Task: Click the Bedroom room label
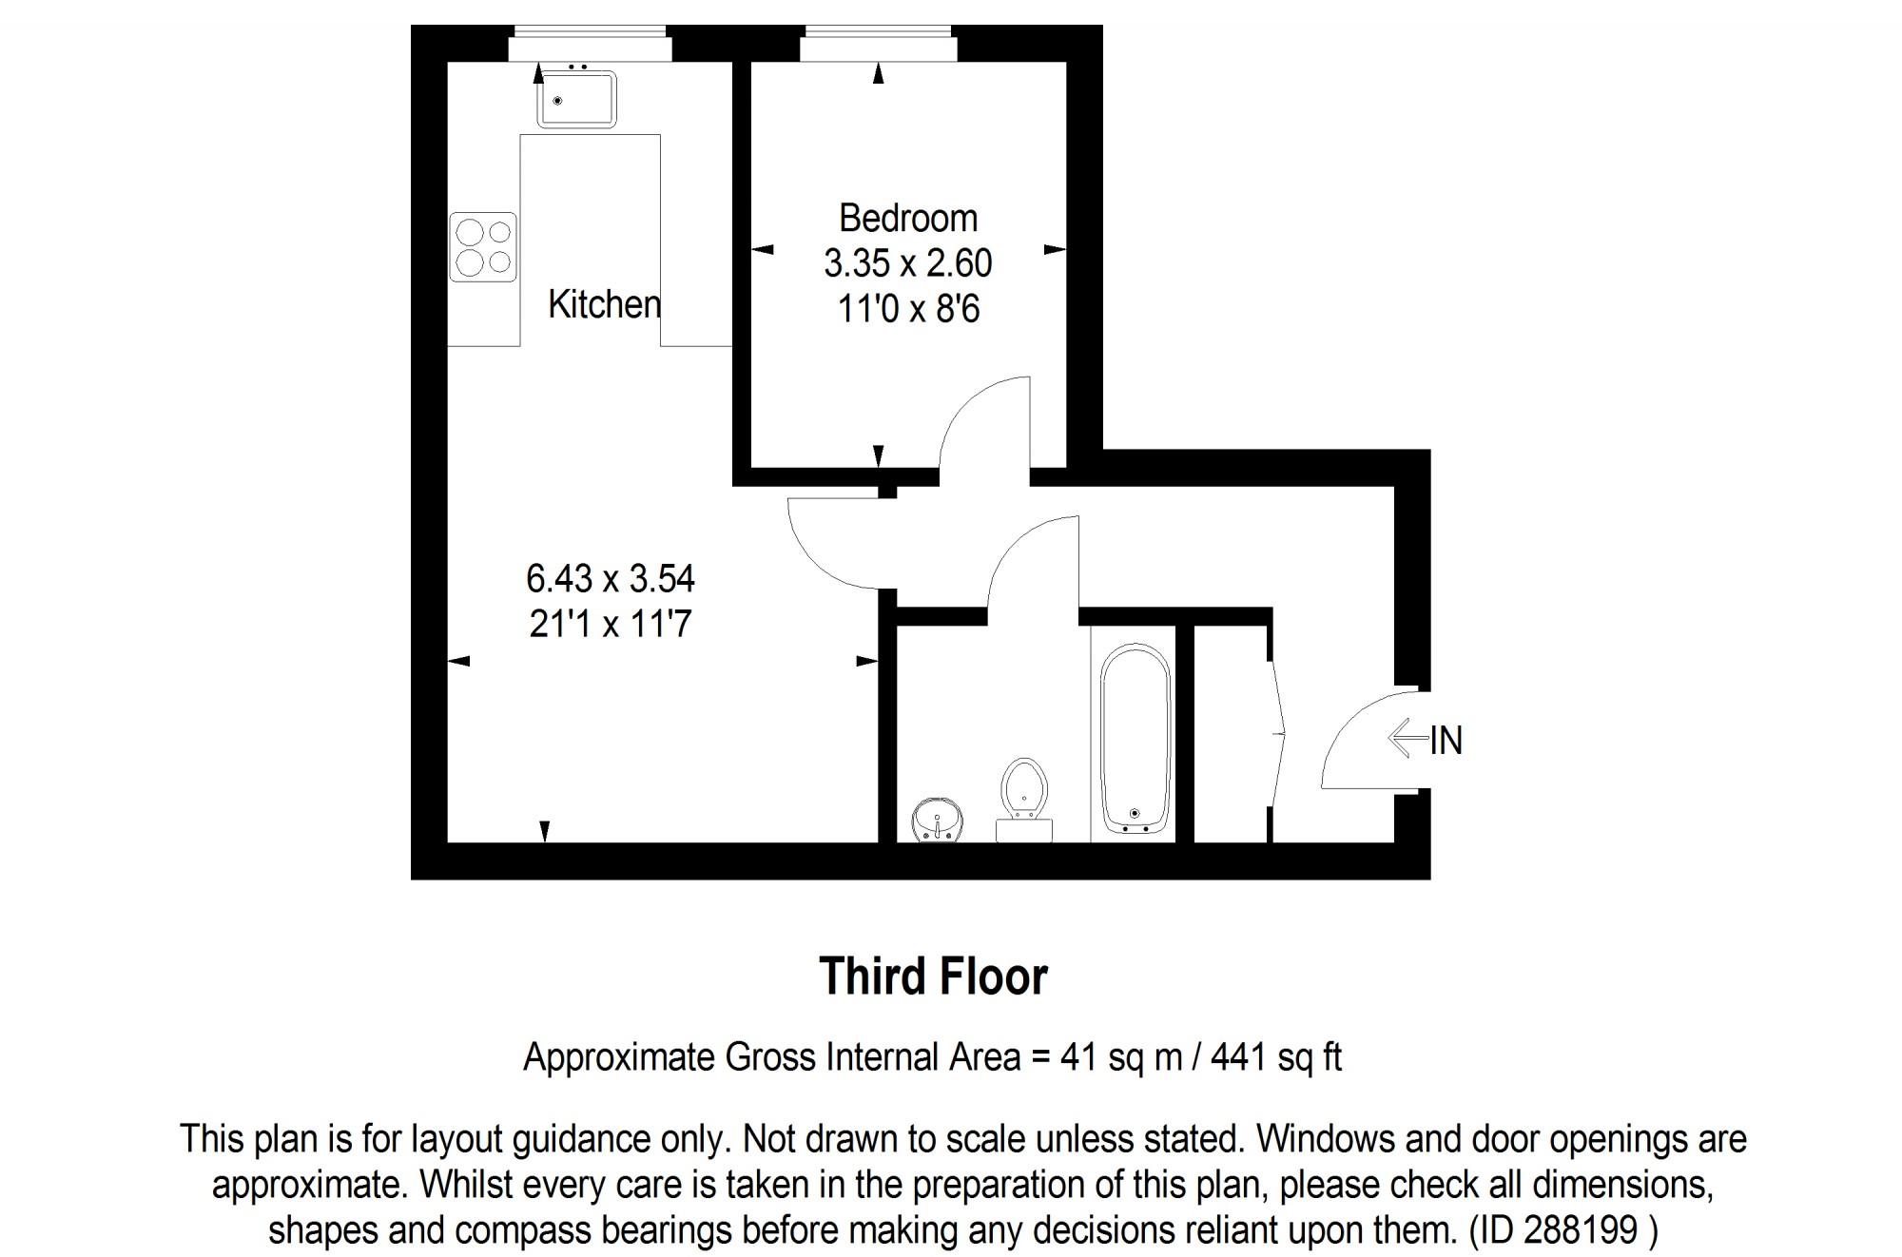coord(907,219)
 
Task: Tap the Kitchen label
coord(604,304)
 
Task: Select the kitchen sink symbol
coord(576,99)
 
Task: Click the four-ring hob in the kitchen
coord(483,246)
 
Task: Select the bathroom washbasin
coord(938,821)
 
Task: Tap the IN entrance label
coord(1446,741)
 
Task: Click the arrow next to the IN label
coord(1407,739)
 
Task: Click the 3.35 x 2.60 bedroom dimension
coord(907,263)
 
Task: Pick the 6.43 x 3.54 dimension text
coord(611,578)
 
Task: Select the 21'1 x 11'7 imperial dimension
coord(611,624)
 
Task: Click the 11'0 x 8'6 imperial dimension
coord(907,309)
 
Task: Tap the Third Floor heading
coord(933,977)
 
